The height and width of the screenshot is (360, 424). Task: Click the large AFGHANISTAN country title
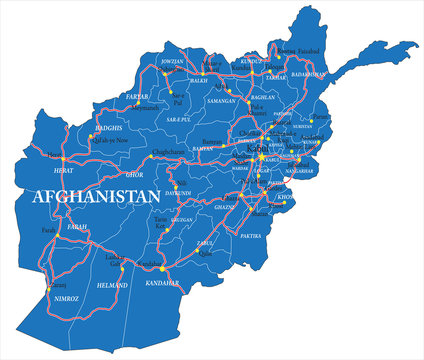(x=95, y=196)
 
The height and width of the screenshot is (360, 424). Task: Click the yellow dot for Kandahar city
(x=162, y=269)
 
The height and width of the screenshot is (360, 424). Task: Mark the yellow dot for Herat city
(x=63, y=158)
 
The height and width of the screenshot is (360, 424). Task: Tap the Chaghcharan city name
(x=169, y=152)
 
